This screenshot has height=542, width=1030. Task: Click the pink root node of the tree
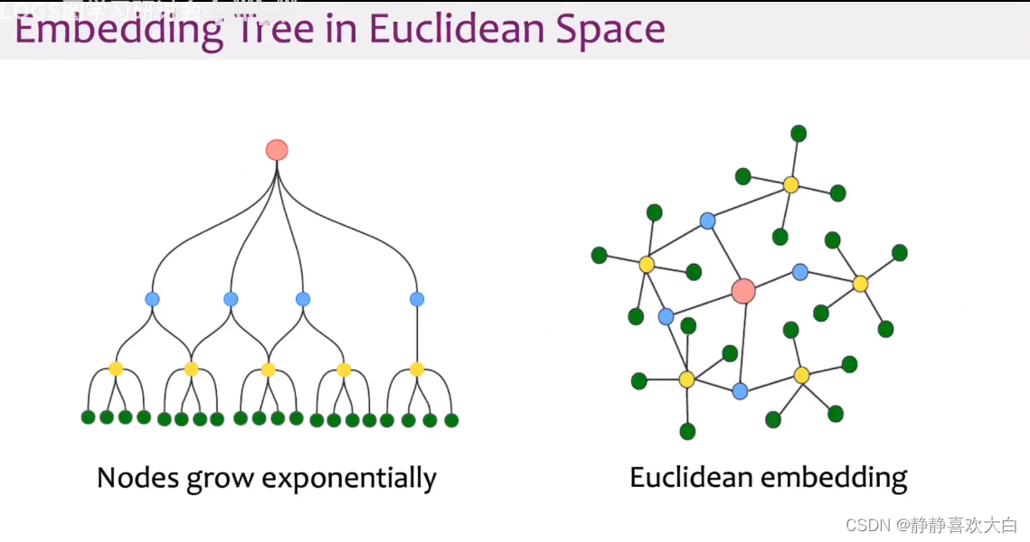click(x=277, y=150)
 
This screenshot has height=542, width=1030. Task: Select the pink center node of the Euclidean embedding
click(x=743, y=291)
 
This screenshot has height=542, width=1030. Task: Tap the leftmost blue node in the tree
click(x=152, y=299)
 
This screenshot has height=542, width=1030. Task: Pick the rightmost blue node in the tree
click(x=417, y=299)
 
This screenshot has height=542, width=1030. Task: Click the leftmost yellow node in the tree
click(x=116, y=369)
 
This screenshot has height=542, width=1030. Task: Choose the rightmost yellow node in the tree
click(x=417, y=369)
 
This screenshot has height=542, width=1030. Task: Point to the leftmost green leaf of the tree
click(x=88, y=417)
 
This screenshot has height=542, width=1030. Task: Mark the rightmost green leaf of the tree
click(x=451, y=420)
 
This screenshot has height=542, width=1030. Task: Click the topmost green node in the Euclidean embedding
click(x=798, y=134)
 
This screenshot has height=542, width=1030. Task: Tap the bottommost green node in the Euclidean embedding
click(x=687, y=432)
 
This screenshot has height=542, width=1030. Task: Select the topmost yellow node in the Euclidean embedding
click(x=791, y=185)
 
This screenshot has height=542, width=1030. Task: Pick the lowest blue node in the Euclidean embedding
click(x=740, y=391)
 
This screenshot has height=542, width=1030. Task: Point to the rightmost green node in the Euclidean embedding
click(x=900, y=253)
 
